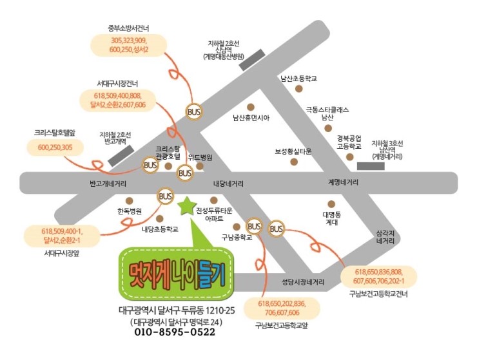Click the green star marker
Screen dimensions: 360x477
click(186, 206)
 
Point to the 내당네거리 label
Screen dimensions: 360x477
click(228, 184)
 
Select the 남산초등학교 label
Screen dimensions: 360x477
click(298, 79)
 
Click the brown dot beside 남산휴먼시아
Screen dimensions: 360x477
click(251, 107)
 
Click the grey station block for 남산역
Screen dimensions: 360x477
click(370, 166)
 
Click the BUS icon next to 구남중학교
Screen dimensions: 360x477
click(255, 226)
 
